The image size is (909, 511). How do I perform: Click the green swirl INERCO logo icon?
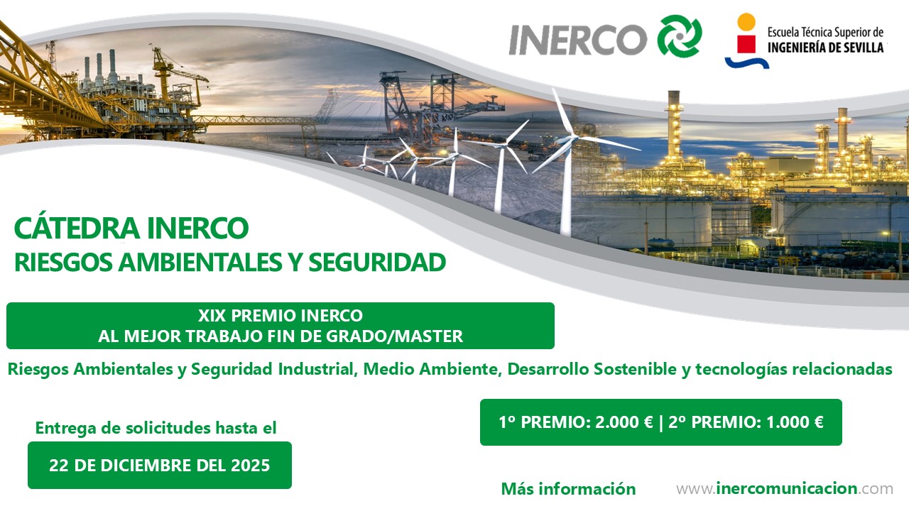(x=680, y=35)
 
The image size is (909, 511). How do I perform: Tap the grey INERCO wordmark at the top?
(x=578, y=40)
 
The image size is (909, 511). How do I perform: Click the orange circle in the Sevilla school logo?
(x=746, y=21)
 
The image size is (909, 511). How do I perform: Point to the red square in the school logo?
(x=746, y=44)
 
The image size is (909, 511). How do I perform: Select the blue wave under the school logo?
(x=746, y=62)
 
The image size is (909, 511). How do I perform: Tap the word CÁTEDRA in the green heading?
(x=77, y=228)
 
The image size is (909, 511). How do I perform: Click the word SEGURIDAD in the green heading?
(x=377, y=262)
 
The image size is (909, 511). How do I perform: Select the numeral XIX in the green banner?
(x=212, y=316)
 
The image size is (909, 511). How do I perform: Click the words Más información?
(x=568, y=489)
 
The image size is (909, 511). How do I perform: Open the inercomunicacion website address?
(x=785, y=488)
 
